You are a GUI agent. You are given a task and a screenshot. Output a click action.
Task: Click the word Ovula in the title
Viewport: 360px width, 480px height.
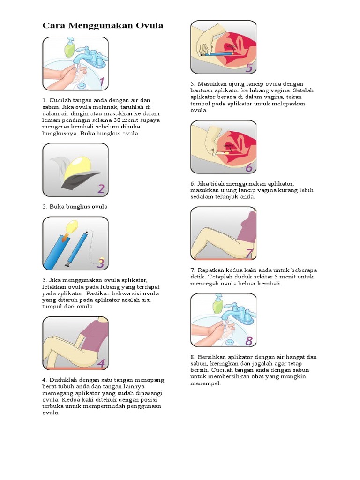[150, 25]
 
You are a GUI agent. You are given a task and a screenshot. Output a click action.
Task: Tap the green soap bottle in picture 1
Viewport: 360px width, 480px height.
[69, 48]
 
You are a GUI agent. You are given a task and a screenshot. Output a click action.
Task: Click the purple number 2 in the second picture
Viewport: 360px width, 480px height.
[101, 189]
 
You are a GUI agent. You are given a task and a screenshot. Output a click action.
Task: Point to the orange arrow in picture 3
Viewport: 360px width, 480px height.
[64, 237]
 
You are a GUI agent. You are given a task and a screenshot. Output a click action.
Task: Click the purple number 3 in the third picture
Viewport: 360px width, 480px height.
[101, 263]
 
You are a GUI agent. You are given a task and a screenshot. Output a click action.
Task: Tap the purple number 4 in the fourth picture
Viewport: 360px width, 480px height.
[101, 363]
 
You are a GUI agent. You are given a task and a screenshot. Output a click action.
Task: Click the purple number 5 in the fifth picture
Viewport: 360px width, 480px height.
[249, 67]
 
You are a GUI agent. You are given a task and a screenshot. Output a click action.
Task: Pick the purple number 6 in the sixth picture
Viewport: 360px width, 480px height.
[249, 167]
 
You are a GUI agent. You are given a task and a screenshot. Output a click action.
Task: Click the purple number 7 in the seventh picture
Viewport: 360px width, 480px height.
[249, 254]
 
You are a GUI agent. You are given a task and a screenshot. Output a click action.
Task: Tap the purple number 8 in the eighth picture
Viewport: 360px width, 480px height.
[249, 340]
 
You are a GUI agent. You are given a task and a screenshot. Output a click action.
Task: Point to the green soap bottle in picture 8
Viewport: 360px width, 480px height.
[218, 304]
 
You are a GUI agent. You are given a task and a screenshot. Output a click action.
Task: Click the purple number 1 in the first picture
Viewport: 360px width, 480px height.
[102, 82]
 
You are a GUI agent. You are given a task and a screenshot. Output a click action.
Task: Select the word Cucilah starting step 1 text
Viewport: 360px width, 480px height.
[60, 100]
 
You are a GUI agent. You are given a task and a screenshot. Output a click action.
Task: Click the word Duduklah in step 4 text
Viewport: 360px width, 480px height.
[63, 380]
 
